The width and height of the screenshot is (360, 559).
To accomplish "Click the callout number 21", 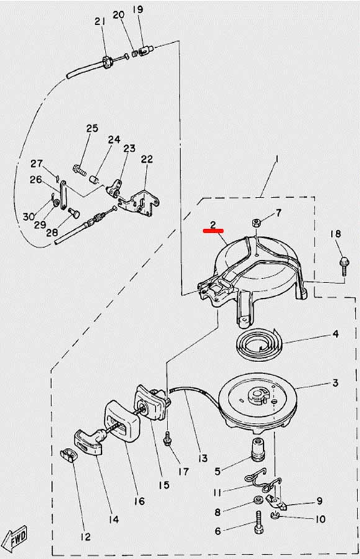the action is coord(100,21).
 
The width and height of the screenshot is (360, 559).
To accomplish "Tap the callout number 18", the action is coord(335,234).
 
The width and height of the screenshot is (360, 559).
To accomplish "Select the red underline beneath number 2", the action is coord(213,230).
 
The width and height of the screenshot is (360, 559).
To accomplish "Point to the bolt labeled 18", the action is coord(344,266).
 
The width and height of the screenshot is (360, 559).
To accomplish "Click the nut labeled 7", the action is coord(255,224).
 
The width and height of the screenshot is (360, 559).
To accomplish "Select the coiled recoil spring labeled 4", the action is coord(259,344).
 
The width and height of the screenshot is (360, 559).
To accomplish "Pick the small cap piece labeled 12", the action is coord(68,457).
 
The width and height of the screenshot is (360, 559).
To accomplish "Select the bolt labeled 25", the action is coord(79,170).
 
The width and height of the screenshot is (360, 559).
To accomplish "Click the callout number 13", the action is coord(202,458).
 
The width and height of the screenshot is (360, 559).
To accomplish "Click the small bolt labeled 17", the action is coord(167,438).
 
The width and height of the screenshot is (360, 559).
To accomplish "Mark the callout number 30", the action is coord(29,216).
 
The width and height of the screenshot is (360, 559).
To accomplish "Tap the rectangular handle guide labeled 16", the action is coord(122,420).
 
